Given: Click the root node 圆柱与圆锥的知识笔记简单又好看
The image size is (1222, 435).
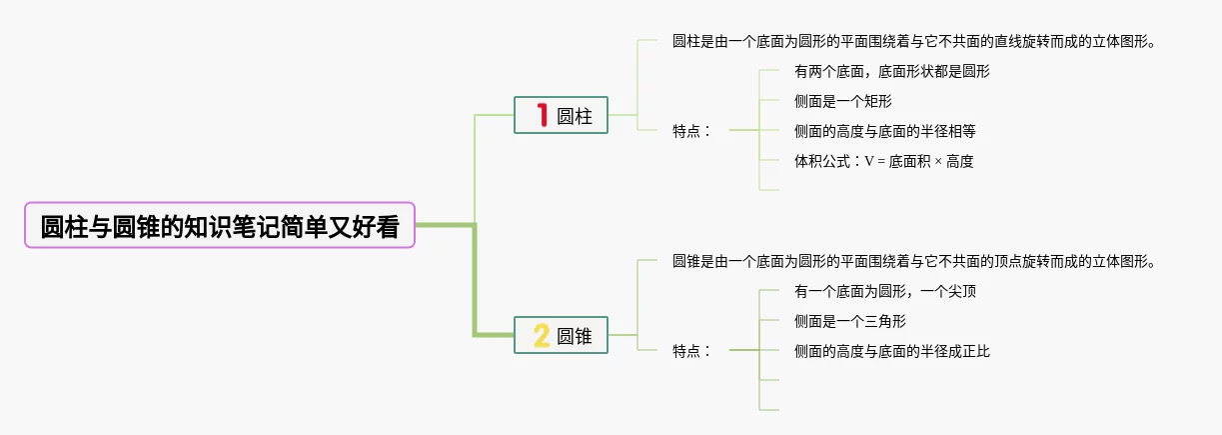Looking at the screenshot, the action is coord(219,226).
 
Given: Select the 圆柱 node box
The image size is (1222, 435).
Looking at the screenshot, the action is coord(561,115).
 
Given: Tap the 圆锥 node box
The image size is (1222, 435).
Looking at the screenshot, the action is coord(561,335).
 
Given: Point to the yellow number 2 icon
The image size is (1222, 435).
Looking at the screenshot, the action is coord(542,336).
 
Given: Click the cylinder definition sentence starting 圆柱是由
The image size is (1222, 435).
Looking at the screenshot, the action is coord(914,42).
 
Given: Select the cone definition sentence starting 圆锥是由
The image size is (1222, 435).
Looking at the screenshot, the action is coord(914,262).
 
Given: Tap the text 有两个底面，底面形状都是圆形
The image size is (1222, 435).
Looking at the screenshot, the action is coord(892,72).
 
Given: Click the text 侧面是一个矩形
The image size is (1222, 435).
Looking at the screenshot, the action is coord(842,101).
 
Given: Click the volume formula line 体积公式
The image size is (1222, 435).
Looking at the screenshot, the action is coord(883,161).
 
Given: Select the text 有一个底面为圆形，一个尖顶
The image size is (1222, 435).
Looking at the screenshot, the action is coord(884,292).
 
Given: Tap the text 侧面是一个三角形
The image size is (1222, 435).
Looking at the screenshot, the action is coord(849,321).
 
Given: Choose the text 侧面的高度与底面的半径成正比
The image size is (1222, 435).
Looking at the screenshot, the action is coord(891,351).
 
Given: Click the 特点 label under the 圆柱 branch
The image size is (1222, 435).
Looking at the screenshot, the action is coord(692,131).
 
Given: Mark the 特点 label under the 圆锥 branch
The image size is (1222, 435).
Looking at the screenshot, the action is coord(692,351).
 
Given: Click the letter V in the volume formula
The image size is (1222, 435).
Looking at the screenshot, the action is coord(869,161).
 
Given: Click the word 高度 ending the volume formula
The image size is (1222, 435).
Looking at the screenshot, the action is coord(959,161).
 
